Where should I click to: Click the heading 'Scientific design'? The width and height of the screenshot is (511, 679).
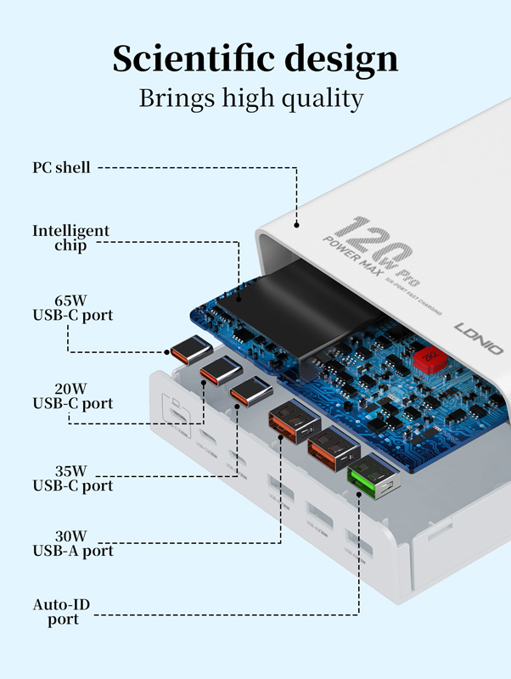[x=255, y=58]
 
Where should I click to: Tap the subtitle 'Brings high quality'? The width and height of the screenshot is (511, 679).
[x=251, y=98]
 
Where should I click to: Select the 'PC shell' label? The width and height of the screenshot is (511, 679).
[x=61, y=168]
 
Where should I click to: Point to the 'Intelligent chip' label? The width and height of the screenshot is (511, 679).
[x=70, y=238]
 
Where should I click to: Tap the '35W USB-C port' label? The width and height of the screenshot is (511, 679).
[x=72, y=478]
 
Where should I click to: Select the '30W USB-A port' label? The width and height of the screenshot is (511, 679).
[x=72, y=543]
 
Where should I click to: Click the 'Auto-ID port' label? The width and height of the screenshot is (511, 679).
[x=61, y=612]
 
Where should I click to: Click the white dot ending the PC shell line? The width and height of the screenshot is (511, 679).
[x=296, y=225]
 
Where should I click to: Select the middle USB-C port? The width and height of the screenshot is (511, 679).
[x=220, y=371]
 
